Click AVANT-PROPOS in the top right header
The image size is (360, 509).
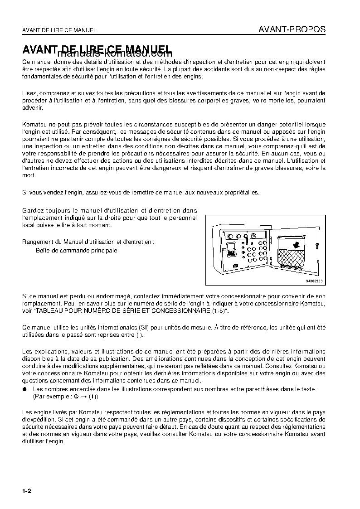tap(292, 29)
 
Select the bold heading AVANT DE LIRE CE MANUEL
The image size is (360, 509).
tap(96, 49)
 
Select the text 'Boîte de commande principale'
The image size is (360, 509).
tap(76, 250)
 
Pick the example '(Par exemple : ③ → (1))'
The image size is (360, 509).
tap(65, 396)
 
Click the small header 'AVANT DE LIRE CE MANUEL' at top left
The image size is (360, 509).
tap(59, 30)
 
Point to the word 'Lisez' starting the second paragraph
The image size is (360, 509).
tap(29, 93)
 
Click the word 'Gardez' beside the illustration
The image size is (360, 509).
tap(32, 210)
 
